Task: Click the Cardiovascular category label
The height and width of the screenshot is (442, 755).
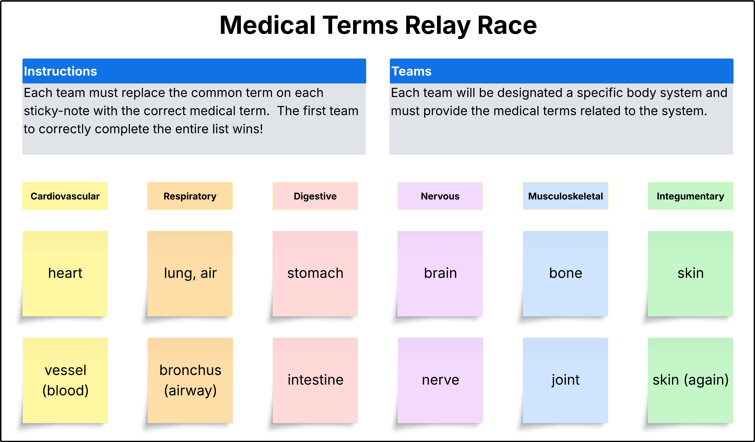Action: click(x=65, y=196)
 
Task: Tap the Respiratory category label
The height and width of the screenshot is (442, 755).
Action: click(x=190, y=196)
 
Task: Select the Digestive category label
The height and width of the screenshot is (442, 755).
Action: click(x=315, y=196)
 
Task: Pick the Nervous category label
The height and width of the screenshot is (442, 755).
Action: click(x=440, y=196)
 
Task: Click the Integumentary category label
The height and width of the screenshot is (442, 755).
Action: click(x=691, y=196)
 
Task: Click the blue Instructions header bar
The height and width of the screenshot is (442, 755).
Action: click(x=194, y=71)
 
